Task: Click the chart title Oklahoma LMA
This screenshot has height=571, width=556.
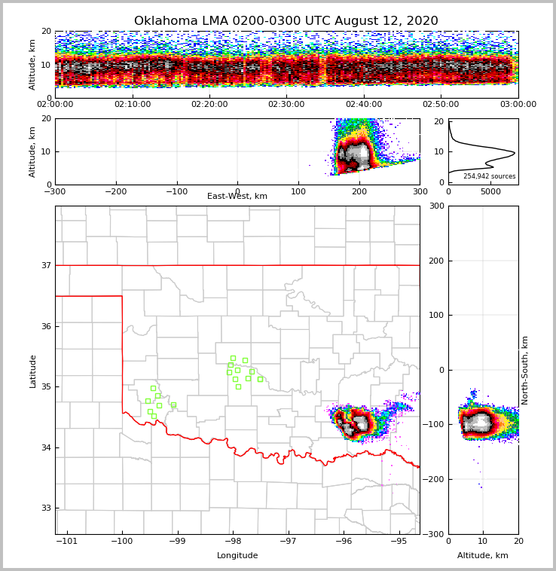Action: (286, 21)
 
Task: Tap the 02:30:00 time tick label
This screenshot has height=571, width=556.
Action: (286, 105)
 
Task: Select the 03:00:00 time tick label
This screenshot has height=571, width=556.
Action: (518, 105)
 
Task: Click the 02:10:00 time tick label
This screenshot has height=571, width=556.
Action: (132, 105)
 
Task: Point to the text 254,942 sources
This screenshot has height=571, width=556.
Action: (489, 176)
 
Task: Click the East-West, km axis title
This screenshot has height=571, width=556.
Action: (237, 197)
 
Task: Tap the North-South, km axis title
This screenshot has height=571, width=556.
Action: (525, 370)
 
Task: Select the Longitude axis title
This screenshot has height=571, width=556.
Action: (237, 556)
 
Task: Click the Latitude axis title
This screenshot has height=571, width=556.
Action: (32, 371)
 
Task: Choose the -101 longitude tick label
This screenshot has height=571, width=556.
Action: (68, 542)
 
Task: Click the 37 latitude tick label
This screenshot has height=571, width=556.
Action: (46, 265)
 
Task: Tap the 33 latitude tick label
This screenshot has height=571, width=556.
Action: (46, 508)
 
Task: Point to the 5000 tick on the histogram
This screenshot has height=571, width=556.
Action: (490, 192)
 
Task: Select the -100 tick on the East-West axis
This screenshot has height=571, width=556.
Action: (176, 192)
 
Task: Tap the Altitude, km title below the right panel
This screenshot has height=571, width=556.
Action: (483, 556)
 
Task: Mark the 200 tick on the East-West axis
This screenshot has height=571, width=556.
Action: (359, 192)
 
